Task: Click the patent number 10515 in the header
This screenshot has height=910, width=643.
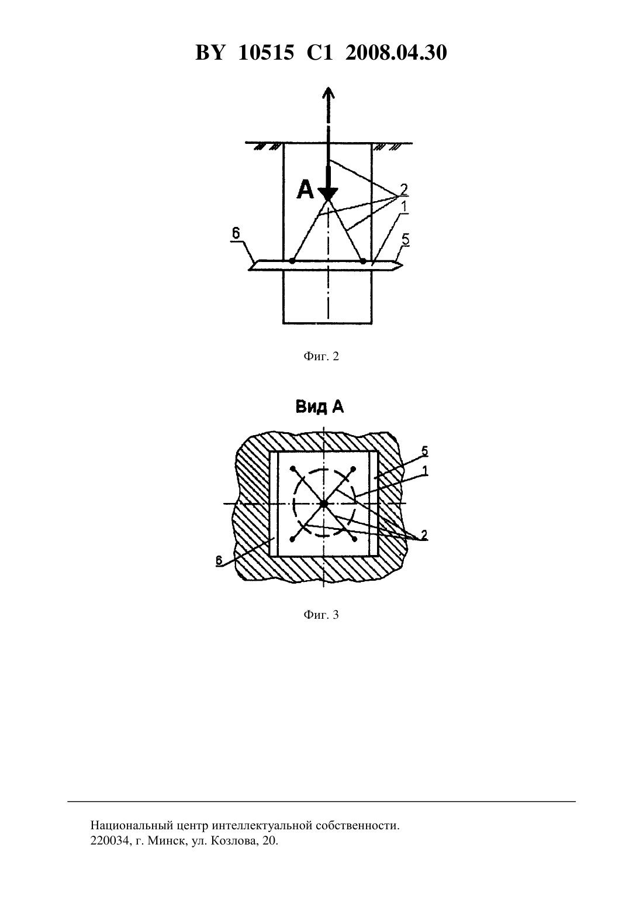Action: click(266, 53)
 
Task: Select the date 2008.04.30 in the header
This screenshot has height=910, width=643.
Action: click(396, 53)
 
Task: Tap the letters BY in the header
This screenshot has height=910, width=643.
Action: click(210, 53)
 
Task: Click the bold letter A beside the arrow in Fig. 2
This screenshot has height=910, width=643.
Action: click(305, 190)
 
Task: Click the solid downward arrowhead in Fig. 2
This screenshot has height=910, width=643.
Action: click(327, 194)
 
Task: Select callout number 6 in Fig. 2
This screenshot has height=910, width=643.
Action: click(236, 233)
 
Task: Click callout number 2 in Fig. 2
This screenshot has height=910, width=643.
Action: click(403, 189)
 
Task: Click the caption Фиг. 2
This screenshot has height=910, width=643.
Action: click(321, 357)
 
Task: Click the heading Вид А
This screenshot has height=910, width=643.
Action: click(320, 407)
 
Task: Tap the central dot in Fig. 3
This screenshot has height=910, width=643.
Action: click(323, 504)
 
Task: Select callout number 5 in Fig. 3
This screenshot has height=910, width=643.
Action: click(424, 451)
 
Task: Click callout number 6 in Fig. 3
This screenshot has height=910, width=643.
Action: click(219, 560)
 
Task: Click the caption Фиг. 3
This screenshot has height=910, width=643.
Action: click(321, 615)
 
